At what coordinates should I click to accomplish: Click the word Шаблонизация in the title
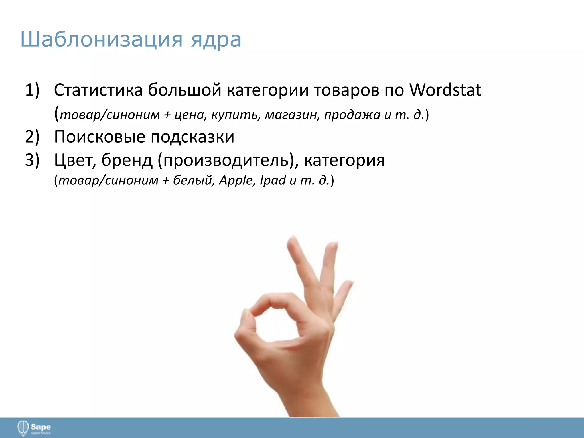click(101, 40)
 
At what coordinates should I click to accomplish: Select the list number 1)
click(32, 90)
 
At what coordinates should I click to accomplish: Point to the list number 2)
click(32, 137)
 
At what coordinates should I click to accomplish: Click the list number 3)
click(32, 160)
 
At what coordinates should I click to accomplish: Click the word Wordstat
click(445, 90)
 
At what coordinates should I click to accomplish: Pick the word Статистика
click(98, 90)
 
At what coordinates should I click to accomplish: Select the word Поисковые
click(100, 137)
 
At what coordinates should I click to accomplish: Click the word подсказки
click(192, 137)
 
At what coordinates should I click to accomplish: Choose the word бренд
click(127, 160)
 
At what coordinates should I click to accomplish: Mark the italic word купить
click(236, 115)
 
